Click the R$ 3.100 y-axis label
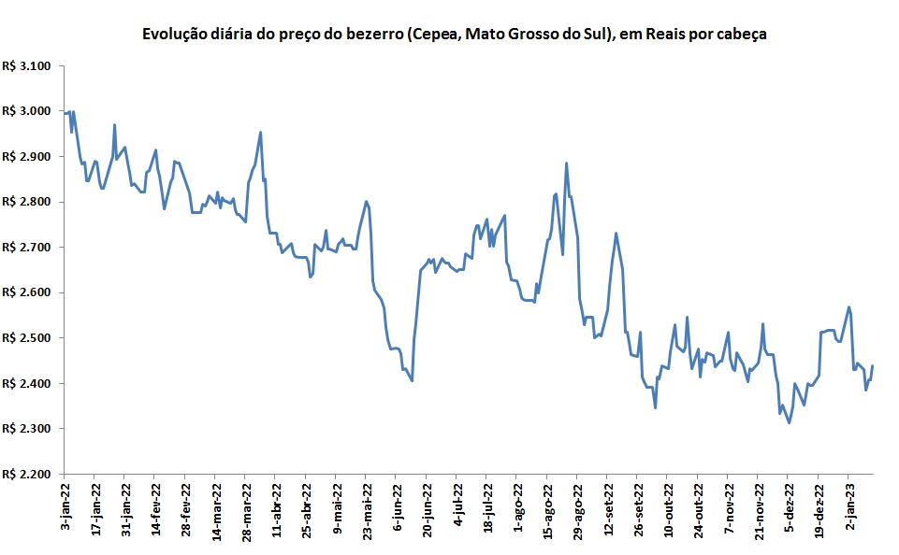[30, 66]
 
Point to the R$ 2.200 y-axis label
[30, 475]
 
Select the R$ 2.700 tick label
[30, 248]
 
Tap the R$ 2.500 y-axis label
[30, 338]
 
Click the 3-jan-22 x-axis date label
[65, 508]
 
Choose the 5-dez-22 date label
[789, 508]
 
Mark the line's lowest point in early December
[790, 423]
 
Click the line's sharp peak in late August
[566, 164]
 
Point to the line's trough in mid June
[412, 380]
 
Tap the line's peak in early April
[260, 132]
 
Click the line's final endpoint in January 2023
[873, 365]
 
